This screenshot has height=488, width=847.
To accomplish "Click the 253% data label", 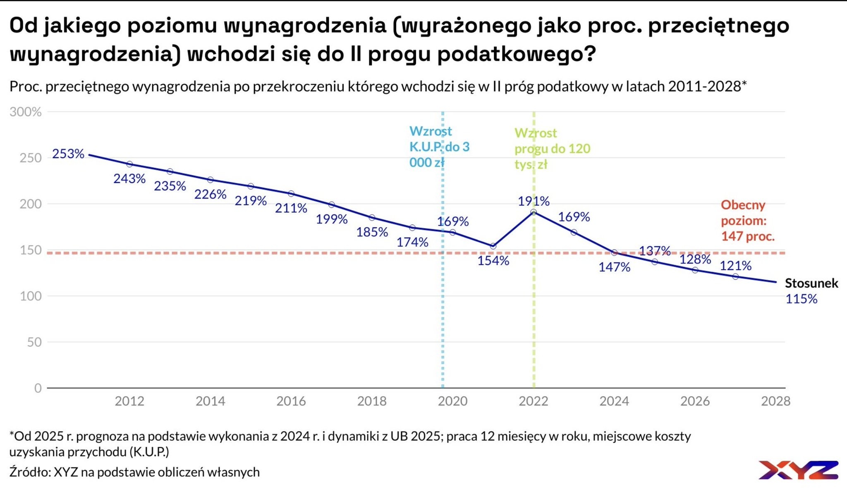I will pyautogui.click(x=68, y=154).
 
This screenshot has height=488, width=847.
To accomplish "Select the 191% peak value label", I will pyautogui.click(x=534, y=201).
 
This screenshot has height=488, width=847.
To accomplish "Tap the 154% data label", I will pyautogui.click(x=493, y=261).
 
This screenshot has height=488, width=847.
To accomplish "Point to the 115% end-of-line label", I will pyautogui.click(x=801, y=299).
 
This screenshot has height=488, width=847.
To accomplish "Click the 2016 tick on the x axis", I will pyautogui.click(x=291, y=401).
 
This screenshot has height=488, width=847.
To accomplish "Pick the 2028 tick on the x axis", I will pyautogui.click(x=775, y=401).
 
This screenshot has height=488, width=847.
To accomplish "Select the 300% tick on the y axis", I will pyautogui.click(x=26, y=112).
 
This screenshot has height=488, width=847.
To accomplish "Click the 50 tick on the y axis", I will pyautogui.click(x=34, y=342).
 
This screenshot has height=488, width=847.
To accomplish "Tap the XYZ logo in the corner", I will pyautogui.click(x=798, y=470).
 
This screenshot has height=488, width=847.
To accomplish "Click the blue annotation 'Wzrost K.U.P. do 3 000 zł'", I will pyautogui.click(x=439, y=147).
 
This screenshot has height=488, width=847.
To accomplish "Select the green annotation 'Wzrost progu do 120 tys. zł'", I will pyautogui.click(x=552, y=149).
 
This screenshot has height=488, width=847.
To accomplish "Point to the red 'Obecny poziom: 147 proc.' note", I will pyautogui.click(x=747, y=220).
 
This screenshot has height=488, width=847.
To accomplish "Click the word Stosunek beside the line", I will pyautogui.click(x=811, y=283).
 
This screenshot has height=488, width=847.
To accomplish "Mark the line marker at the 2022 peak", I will pyautogui.click(x=534, y=212).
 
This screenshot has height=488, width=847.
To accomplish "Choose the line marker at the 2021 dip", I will pyautogui.click(x=493, y=246).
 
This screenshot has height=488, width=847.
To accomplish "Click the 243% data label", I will pyautogui.click(x=129, y=179).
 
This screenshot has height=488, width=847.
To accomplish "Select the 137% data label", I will pyautogui.click(x=655, y=251).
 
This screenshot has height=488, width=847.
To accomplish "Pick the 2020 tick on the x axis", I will pyautogui.click(x=452, y=401).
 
